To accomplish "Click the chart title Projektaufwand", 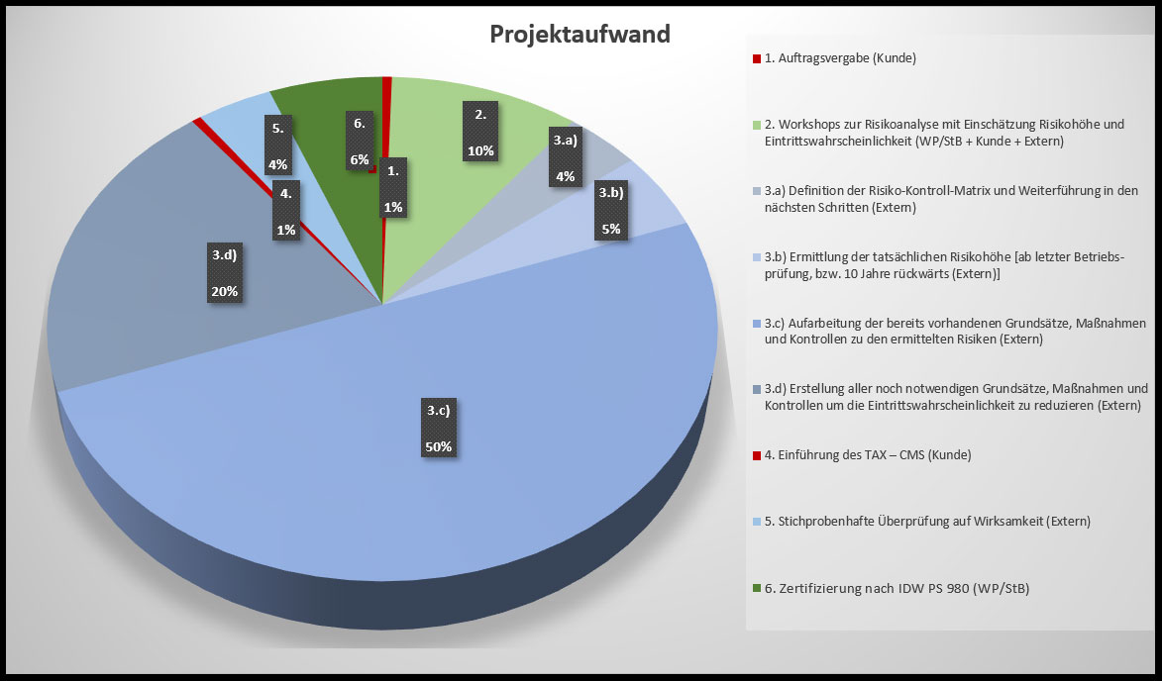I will [581, 35].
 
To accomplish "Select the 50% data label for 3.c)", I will [438, 428].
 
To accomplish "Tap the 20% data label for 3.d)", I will [224, 273].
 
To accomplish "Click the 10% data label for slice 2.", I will [480, 133].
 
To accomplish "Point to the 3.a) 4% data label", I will [565, 158].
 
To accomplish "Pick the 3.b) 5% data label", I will [610, 212].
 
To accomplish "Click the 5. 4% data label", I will [278, 146].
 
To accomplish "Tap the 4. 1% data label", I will [285, 213].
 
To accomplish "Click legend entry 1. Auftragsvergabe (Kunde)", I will [840, 58].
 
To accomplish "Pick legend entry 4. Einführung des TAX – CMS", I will [867, 454].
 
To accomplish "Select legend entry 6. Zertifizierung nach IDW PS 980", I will [897, 589].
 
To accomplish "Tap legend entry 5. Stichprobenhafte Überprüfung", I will [926, 522].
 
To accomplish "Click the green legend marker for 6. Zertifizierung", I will [757, 589].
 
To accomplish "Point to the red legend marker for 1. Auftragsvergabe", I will [757, 58].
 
